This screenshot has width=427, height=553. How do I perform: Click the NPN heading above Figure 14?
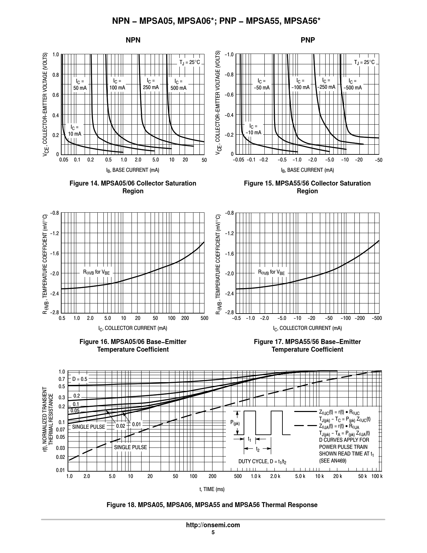133,40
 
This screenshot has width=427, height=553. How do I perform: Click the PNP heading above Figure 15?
308,40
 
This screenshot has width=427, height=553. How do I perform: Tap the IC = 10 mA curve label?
75,131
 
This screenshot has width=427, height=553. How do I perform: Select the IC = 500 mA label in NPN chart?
178,85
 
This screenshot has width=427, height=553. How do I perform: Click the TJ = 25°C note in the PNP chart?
364,62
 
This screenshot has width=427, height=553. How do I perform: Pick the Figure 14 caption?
133,187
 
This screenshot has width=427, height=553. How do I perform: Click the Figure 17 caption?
307,346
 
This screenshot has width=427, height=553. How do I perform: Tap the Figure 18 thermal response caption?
212,505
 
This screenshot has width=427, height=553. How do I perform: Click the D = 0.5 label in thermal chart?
80,379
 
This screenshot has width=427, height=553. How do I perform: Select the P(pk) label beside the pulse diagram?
235,423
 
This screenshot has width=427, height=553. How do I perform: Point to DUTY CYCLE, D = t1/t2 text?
262,462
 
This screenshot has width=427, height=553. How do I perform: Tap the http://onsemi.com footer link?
213,525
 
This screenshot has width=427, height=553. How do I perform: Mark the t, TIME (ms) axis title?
212,489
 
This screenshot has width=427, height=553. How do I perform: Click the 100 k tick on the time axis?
376,476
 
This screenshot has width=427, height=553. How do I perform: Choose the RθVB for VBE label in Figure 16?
96,272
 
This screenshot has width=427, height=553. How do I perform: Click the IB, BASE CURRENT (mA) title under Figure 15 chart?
307,170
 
